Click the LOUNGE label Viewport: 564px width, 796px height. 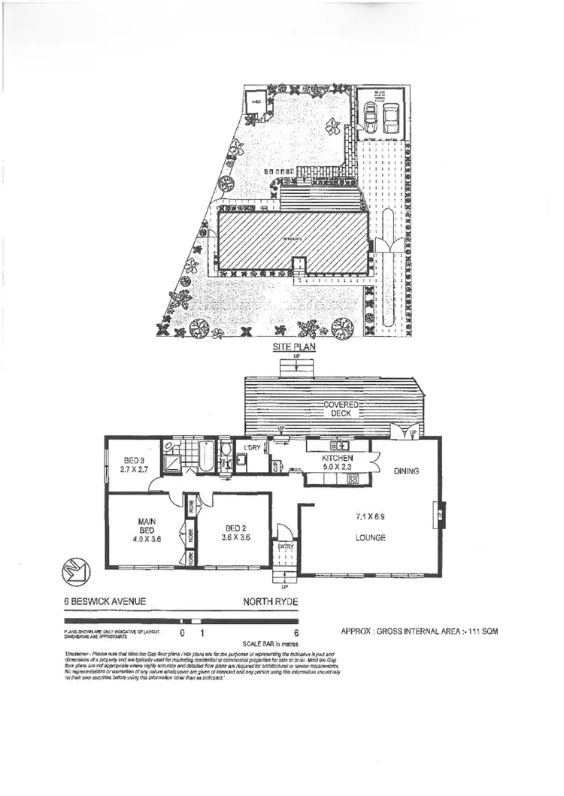371,538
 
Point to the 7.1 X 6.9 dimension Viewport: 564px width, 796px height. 371,519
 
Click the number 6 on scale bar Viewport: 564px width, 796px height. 298,633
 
